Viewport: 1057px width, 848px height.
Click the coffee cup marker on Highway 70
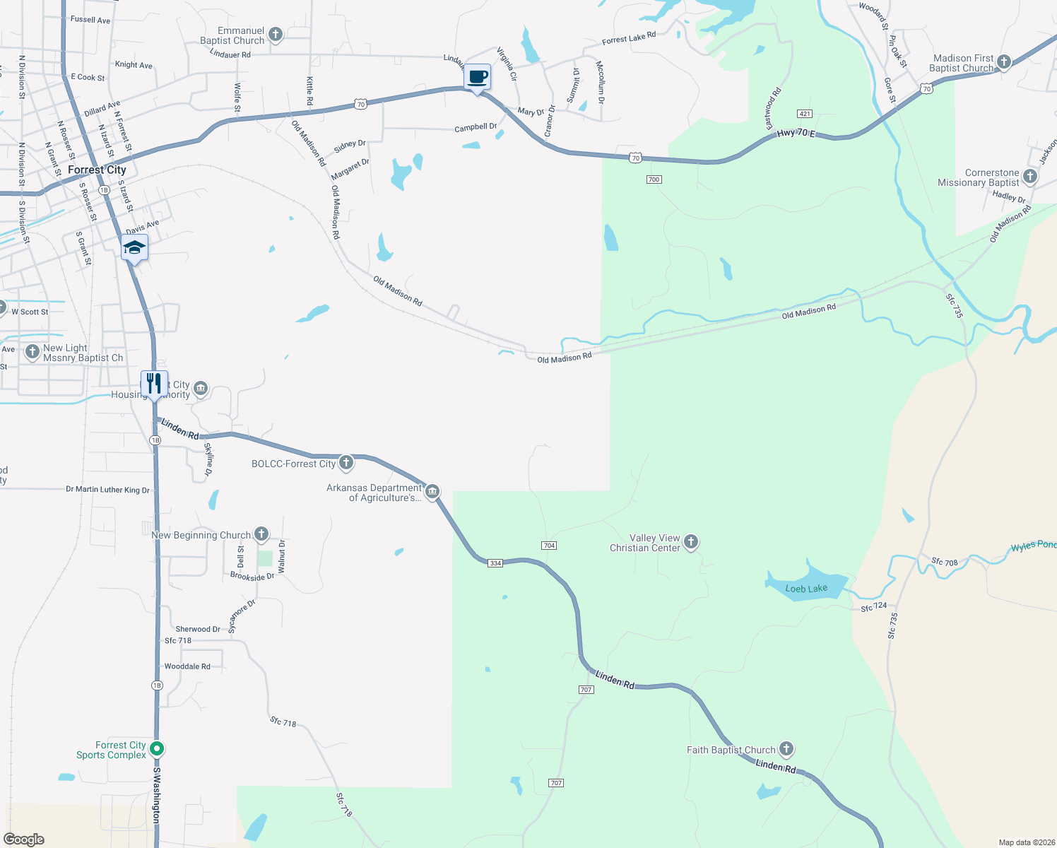478,77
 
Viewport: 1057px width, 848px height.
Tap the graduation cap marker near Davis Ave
134,249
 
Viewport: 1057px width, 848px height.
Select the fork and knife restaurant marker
154,384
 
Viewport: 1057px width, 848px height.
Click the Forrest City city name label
97,170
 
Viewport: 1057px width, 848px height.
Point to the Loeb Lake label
806,589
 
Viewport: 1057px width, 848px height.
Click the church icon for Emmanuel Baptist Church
276,34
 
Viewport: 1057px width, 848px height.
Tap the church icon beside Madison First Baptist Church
1003,62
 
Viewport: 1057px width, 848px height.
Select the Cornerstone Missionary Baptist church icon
1030,177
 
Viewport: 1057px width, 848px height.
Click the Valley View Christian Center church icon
691,542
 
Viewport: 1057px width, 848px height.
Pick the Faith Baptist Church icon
786,749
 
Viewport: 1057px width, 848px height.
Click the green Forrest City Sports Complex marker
158,748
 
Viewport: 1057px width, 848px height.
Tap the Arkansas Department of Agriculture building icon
432,491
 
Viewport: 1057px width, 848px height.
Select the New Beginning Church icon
261,534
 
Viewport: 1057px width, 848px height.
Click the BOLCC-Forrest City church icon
346,463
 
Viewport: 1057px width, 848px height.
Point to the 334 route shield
495,563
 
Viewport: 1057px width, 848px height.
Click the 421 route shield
804,114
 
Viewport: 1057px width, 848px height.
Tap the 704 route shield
549,546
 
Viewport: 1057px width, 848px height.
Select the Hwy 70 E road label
796,134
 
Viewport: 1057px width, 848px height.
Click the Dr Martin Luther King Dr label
107,490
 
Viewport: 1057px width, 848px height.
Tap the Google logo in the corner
24,840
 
